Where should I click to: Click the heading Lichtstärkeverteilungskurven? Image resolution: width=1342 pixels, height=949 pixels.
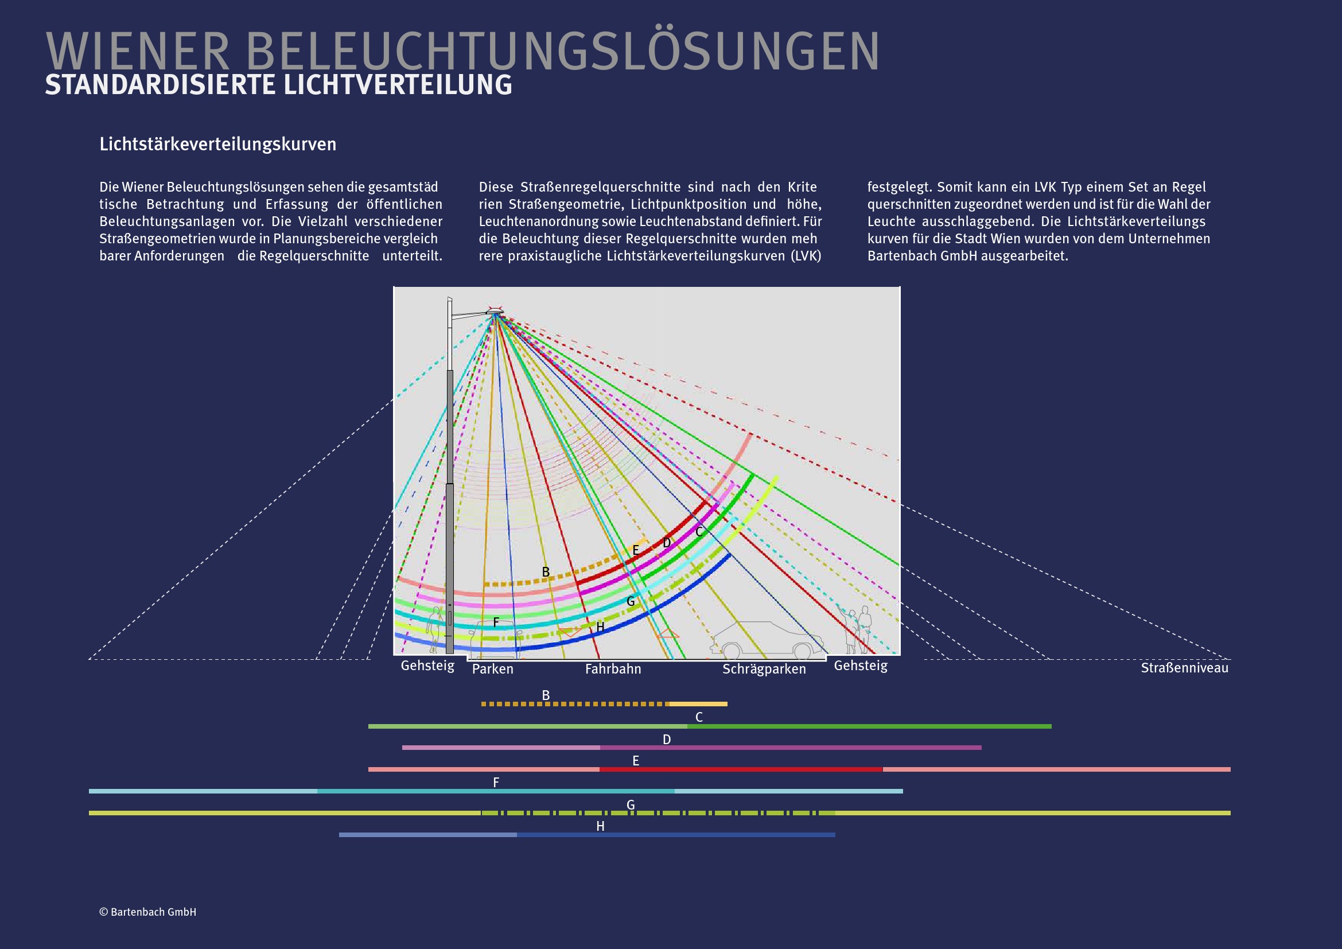point(217,145)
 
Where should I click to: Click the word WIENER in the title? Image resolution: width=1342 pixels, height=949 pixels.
point(137,53)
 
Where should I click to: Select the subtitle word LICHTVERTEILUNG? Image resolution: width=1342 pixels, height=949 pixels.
point(398,85)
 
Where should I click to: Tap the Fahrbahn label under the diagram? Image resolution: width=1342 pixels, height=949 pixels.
point(613,669)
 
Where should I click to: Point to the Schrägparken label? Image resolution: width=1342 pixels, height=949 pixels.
point(763,669)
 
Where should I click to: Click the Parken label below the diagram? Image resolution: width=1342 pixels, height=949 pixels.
point(492,669)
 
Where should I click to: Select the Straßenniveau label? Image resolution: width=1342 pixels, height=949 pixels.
point(1184,668)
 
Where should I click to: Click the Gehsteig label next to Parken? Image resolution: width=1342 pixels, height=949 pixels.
point(427,666)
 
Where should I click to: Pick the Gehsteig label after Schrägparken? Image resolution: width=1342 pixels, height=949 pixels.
point(861,666)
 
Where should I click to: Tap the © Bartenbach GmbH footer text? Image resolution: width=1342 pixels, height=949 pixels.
point(148,912)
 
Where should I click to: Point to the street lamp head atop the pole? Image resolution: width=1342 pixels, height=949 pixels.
point(495,312)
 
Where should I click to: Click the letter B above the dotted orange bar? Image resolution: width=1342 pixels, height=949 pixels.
point(545,695)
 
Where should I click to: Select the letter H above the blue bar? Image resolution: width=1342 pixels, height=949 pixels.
point(600,826)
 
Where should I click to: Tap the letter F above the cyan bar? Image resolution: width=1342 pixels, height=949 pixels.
point(496,783)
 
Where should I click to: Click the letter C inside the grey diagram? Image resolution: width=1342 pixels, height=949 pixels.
point(698,532)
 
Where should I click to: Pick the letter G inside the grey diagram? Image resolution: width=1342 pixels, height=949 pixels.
point(630,601)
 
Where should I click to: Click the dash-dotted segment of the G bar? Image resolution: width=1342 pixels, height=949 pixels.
point(658,813)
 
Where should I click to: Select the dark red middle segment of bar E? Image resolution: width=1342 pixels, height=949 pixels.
point(741,769)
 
